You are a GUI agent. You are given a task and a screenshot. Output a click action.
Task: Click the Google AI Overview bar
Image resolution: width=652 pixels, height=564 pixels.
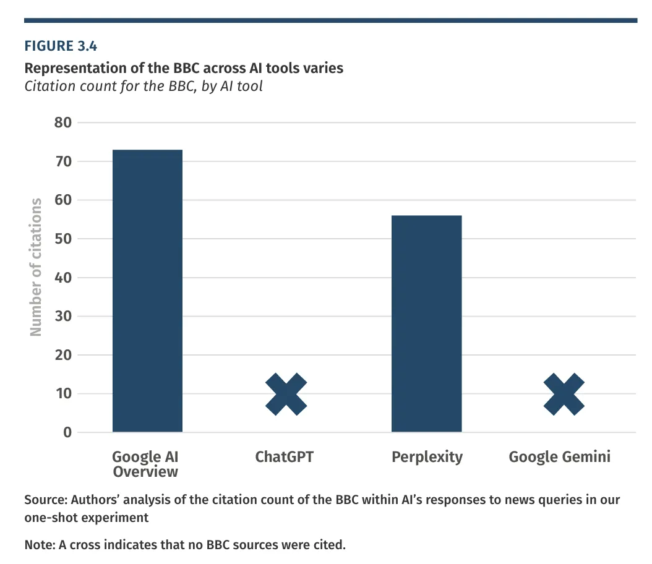tap(148, 291)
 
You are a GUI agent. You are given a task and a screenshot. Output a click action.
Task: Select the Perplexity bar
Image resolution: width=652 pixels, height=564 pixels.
tap(427, 323)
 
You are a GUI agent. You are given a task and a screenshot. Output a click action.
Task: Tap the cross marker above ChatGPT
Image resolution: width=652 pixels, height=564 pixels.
tap(286, 394)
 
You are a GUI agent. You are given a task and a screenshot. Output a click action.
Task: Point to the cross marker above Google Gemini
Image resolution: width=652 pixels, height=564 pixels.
tap(564, 394)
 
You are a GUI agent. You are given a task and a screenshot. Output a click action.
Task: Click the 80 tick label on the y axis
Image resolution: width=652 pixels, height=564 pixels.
tap(63, 122)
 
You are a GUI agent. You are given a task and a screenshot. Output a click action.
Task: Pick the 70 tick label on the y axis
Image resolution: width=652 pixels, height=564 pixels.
tap(63, 161)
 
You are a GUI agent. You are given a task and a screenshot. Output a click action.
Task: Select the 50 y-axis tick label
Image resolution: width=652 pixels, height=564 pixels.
tap(63, 239)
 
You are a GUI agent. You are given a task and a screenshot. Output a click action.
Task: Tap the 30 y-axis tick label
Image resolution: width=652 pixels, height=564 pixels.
tap(63, 316)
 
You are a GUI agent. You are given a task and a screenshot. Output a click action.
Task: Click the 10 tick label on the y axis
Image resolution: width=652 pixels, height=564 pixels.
tap(64, 393)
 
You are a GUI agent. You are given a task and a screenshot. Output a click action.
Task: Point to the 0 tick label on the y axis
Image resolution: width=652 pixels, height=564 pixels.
tap(67, 432)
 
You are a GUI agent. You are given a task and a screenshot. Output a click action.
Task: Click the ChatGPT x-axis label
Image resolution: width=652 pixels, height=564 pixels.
tap(285, 457)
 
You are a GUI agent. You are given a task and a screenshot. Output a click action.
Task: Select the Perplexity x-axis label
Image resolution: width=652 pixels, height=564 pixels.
tap(427, 458)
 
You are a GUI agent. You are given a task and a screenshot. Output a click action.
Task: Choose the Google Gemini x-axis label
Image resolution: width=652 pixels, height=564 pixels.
tap(560, 457)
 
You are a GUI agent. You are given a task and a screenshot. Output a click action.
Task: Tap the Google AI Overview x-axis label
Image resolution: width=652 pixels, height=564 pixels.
tap(145, 464)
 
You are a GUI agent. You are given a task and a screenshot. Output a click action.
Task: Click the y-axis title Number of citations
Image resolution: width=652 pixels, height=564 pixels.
tap(36, 267)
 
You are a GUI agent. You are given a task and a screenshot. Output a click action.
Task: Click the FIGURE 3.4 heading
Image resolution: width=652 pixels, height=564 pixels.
tap(61, 46)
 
